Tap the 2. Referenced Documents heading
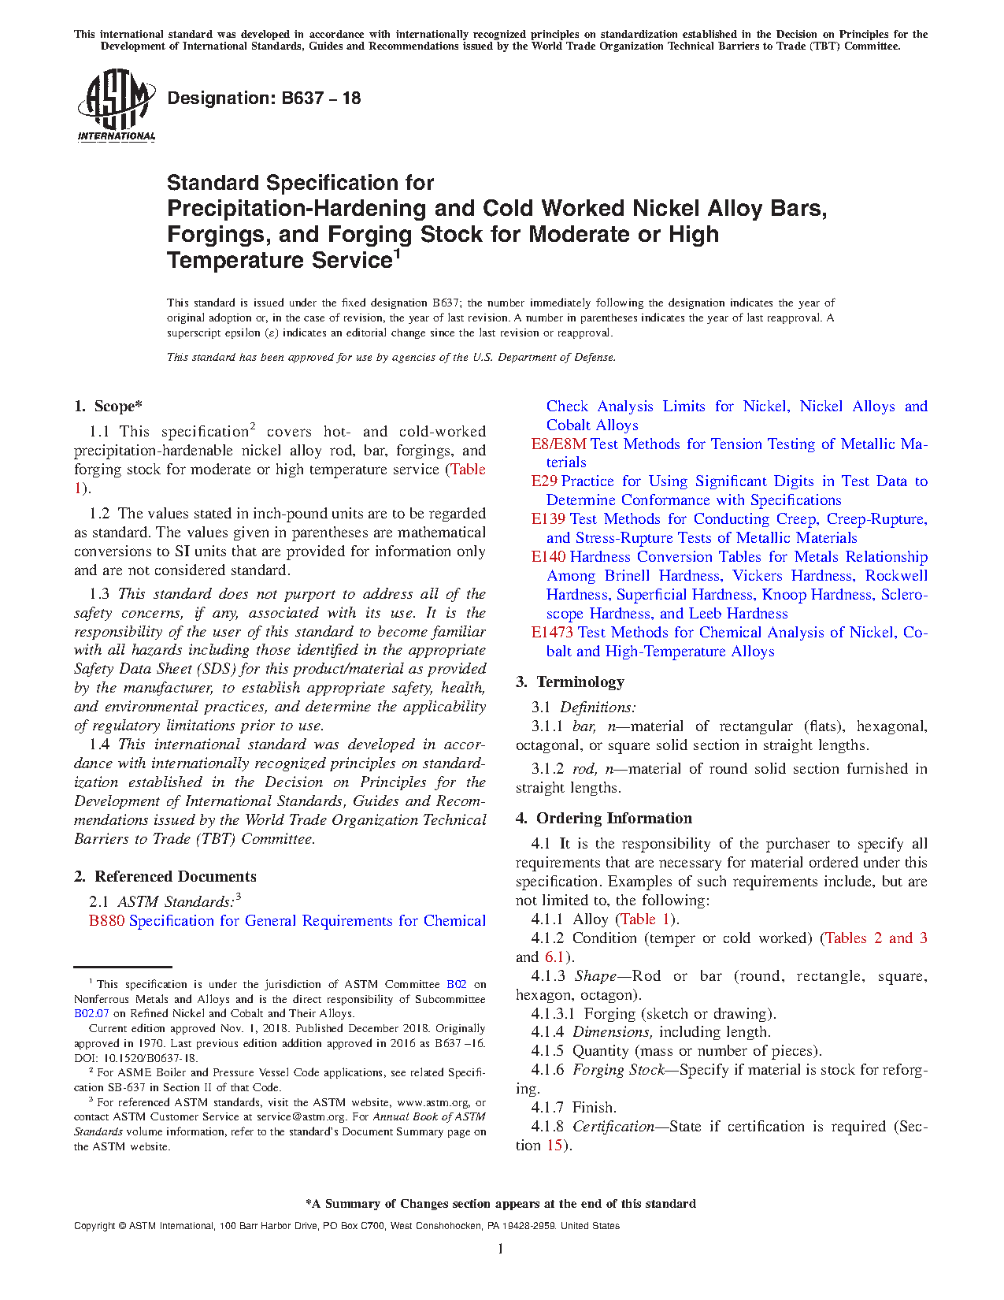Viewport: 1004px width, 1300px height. click(x=165, y=877)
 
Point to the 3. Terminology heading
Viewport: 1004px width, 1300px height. click(x=569, y=682)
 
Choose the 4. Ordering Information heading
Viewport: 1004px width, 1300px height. click(x=603, y=819)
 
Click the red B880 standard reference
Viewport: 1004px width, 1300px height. click(x=106, y=921)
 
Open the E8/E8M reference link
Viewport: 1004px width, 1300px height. click(x=558, y=444)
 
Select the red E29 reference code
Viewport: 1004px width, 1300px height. click(x=544, y=481)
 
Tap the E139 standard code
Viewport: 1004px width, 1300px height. click(x=548, y=519)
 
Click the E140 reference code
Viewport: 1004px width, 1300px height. click(x=548, y=557)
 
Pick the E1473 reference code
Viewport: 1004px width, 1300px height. click(x=552, y=633)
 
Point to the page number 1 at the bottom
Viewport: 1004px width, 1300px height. click(x=501, y=1249)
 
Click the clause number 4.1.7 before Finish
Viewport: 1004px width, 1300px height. click(x=547, y=1108)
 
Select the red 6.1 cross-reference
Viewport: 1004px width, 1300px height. click(x=554, y=957)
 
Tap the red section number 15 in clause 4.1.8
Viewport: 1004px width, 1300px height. click(x=554, y=1146)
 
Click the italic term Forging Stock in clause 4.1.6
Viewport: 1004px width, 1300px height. click(x=618, y=1070)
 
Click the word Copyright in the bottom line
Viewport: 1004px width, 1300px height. click(x=94, y=1226)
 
